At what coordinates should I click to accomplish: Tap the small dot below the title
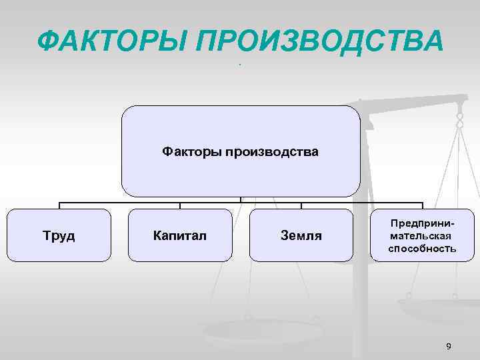239,65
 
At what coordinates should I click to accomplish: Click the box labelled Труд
59,235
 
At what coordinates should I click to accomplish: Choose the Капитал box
180,235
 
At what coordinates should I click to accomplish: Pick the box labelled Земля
301,235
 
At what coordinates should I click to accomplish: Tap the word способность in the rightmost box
423,249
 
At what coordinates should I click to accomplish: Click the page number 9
448,345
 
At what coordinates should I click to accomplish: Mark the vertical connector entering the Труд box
59,205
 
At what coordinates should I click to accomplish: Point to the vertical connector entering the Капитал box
180,205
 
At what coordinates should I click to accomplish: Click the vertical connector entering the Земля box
301,205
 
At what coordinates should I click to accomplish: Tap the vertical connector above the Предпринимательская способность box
423,205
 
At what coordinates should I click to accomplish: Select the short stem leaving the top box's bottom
241,199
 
